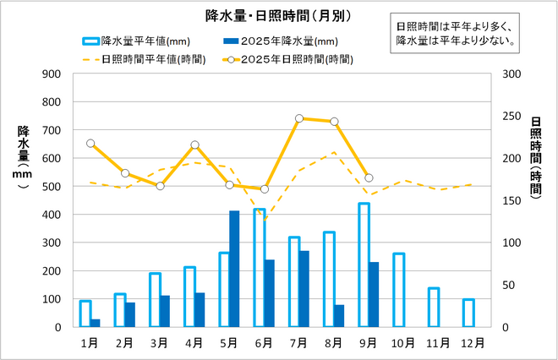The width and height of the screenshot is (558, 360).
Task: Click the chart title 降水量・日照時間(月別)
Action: (x=279, y=15)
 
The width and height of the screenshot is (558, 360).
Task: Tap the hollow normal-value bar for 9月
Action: (x=364, y=265)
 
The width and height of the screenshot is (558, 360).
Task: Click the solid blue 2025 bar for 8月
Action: (x=339, y=315)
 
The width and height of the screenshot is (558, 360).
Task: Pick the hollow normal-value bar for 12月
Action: (x=468, y=313)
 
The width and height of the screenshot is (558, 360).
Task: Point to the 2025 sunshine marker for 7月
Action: (x=299, y=118)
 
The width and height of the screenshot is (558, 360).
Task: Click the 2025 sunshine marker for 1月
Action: (x=90, y=144)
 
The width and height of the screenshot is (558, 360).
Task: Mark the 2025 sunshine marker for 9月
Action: (x=369, y=177)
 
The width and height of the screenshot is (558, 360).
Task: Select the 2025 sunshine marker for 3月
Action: (x=160, y=186)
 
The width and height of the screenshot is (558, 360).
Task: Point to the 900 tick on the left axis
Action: (x=51, y=74)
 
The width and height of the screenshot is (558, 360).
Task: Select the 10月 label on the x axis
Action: (x=403, y=342)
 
